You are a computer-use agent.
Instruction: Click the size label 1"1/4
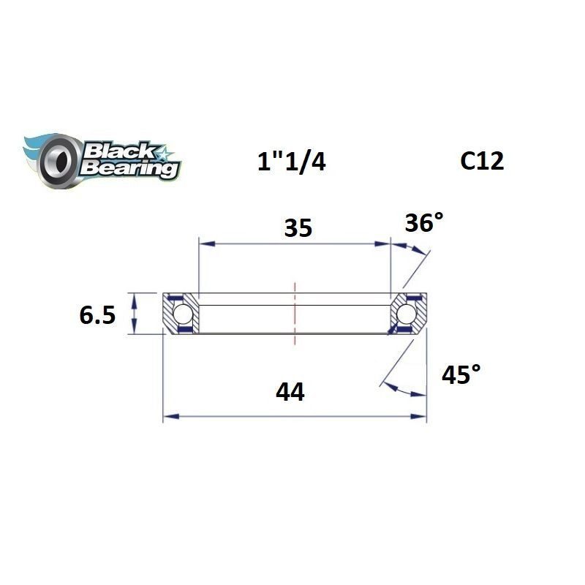click(x=291, y=161)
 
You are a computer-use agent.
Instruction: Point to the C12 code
click(x=482, y=160)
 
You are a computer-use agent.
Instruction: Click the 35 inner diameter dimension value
click(x=298, y=228)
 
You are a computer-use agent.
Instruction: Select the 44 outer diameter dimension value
click(x=290, y=393)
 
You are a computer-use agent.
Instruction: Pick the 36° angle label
click(x=423, y=222)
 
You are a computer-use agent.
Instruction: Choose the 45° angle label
click(x=461, y=375)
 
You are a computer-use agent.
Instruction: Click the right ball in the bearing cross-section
click(x=407, y=314)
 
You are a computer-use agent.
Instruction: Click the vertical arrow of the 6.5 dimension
click(x=134, y=314)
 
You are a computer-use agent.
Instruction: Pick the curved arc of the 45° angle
click(x=402, y=390)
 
